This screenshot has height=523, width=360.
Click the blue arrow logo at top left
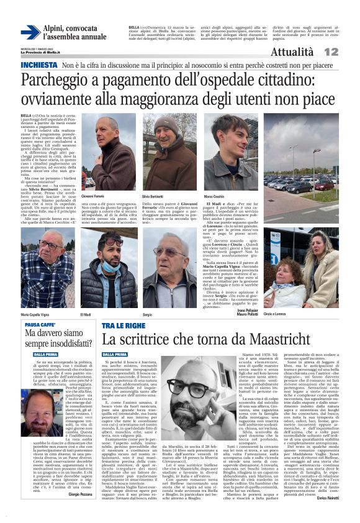[x=29, y=32]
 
